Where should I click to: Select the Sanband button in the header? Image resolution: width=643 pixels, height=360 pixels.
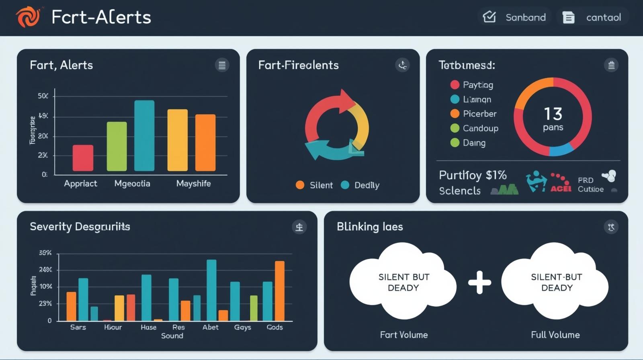514,17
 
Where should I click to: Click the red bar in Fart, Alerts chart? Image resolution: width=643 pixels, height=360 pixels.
83,158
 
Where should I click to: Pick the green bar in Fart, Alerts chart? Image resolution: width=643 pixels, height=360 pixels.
117,146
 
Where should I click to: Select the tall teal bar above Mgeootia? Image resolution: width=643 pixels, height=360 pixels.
144,135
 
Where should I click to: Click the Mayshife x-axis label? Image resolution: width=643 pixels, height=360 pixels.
193,184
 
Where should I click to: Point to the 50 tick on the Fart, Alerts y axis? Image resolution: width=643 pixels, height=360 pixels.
43,96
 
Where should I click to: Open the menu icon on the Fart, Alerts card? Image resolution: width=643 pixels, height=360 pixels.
222,65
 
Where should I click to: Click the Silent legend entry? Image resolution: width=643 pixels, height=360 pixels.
315,185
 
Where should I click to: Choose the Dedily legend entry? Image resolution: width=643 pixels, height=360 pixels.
360,185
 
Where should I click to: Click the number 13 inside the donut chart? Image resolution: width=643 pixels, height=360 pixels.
553,114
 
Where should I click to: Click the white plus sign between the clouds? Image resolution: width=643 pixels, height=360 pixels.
479,282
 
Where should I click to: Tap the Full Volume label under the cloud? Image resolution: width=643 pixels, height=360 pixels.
555,335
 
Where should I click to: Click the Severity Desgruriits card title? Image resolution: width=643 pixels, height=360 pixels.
80,227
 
